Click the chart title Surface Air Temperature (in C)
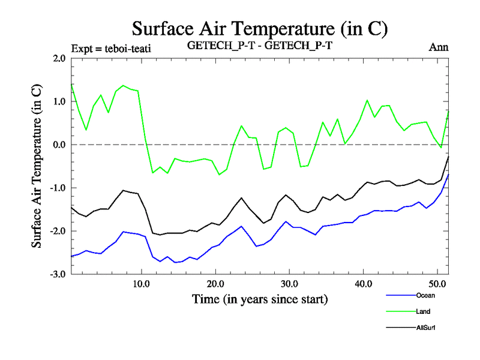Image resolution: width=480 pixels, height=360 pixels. coord(259,29)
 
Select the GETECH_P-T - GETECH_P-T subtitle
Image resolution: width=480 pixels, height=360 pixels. coord(259,47)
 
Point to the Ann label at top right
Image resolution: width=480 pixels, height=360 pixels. coord(439,47)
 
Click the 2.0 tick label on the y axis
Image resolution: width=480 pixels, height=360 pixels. coord(59,59)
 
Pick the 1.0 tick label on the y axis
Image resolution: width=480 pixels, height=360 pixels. coord(59,102)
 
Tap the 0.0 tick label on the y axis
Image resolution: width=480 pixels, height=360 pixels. coord(59,145)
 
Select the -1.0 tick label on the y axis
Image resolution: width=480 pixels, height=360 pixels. coord(58,188)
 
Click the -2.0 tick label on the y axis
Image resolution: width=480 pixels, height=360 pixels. coord(58,232)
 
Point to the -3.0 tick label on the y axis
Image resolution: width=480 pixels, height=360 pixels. coord(58,275)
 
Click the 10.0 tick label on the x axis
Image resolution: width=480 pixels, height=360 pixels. coord(141,284)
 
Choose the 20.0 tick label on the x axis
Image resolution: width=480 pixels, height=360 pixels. coord(215,284)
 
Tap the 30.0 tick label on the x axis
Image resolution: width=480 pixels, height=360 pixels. coord(289,284)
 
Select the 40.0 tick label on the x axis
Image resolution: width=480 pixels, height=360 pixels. coord(363,284)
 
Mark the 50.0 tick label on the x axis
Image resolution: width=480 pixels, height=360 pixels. coord(437,284)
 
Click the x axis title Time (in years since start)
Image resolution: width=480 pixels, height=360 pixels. coord(259,298)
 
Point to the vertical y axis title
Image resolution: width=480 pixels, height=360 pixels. coord(37,166)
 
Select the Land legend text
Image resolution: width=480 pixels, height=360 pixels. coord(422,311)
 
